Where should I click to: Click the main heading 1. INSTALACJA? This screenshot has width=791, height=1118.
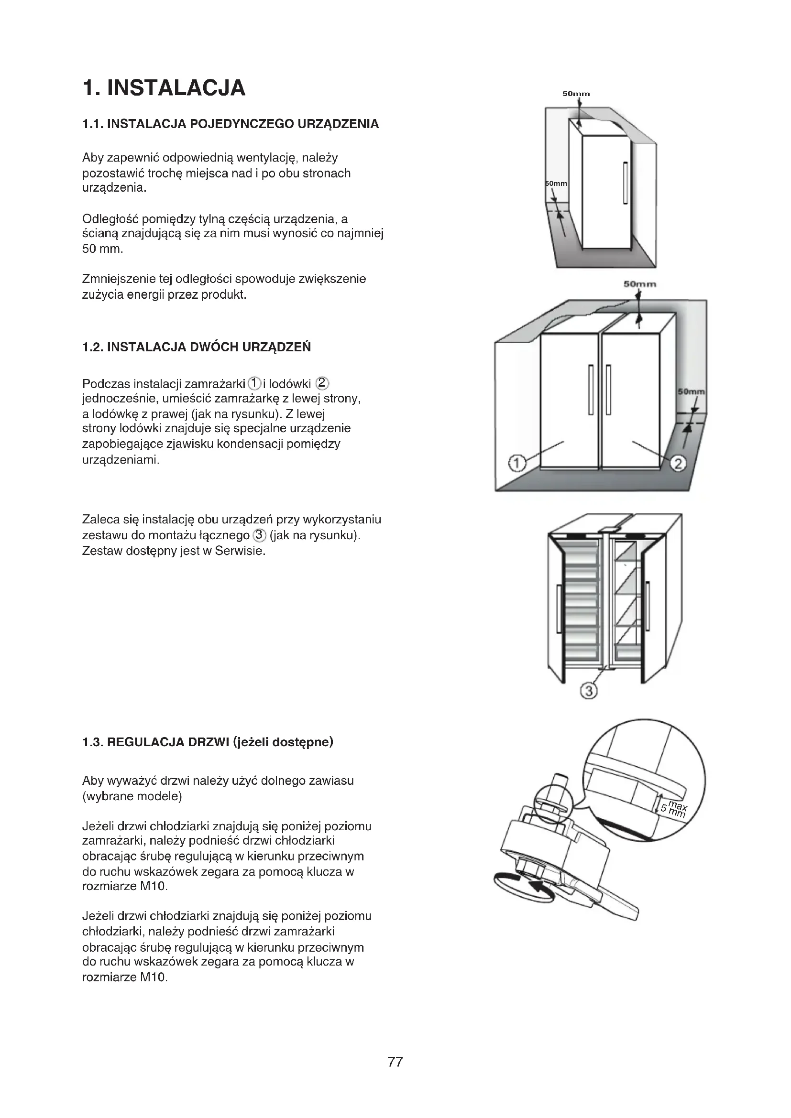pyautogui.click(x=164, y=87)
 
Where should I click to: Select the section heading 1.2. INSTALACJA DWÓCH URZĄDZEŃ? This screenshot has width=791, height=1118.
pyautogui.click(x=196, y=347)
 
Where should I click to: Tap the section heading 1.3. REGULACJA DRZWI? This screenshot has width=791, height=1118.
pyautogui.click(x=208, y=742)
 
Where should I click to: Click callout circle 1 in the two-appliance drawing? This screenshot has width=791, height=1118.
pyautogui.click(x=517, y=463)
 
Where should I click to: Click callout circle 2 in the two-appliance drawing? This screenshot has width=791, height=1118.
pyautogui.click(x=678, y=463)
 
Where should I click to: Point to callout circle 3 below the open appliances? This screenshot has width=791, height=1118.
pyautogui.click(x=588, y=691)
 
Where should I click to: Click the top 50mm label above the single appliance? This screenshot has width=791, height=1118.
pyautogui.click(x=576, y=94)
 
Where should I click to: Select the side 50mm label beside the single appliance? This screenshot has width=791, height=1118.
pyautogui.click(x=556, y=184)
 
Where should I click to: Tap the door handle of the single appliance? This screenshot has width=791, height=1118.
pyautogui.click(x=625, y=183)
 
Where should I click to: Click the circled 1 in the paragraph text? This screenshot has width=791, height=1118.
pyautogui.click(x=254, y=383)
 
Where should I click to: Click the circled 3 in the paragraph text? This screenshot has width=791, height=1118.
pyautogui.click(x=259, y=535)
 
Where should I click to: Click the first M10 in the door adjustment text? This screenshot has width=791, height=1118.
pyautogui.click(x=154, y=886)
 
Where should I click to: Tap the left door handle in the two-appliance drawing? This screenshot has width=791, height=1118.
pyautogui.click(x=591, y=390)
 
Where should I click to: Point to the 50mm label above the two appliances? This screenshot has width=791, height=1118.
pyautogui.click(x=639, y=284)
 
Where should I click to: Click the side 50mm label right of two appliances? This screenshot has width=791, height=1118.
pyautogui.click(x=691, y=391)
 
